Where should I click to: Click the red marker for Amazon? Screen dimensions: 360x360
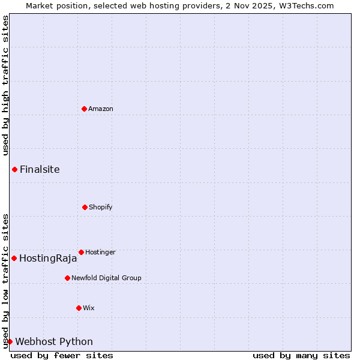(x=84, y=109)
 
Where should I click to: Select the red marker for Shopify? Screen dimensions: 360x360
(x=85, y=207)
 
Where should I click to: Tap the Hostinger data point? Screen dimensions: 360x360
(x=81, y=252)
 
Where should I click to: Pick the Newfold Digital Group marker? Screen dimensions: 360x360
(x=67, y=278)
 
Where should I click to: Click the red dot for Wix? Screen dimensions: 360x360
(x=79, y=308)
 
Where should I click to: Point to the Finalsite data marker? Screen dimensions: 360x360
(x=14, y=169)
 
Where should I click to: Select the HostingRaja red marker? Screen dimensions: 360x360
(x=14, y=258)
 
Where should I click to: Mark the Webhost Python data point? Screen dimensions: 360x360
(x=10, y=341)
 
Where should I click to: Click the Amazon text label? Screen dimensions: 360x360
(x=101, y=109)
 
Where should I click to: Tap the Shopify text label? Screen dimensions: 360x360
(x=101, y=207)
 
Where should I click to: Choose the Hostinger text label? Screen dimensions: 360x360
(x=100, y=252)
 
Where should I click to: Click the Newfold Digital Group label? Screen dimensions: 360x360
(x=106, y=278)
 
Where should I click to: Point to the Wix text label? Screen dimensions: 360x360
(x=89, y=308)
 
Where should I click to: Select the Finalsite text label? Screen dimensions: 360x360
(x=40, y=169)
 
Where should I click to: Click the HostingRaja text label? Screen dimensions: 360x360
(x=48, y=259)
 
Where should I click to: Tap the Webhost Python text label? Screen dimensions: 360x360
(x=54, y=342)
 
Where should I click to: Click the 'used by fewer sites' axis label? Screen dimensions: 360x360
(x=62, y=355)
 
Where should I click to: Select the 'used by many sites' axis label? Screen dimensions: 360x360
(x=301, y=355)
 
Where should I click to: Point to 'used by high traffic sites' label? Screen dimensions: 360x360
(x=5, y=86)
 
